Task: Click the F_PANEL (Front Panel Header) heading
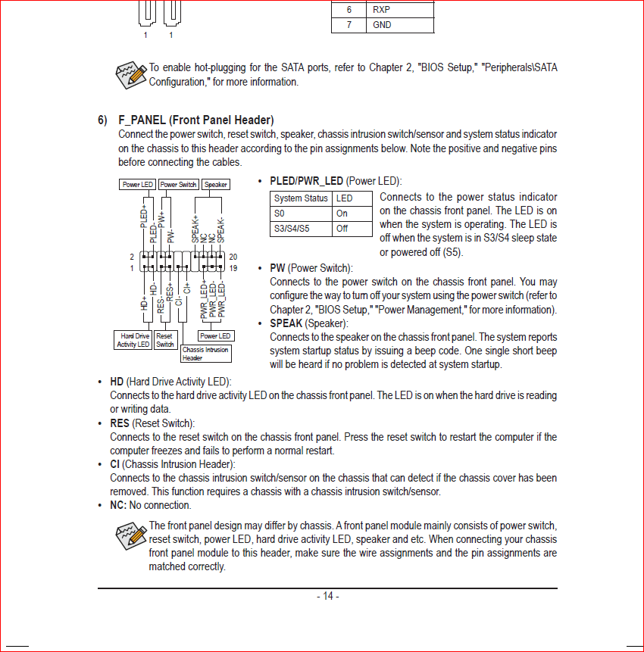[x=195, y=120]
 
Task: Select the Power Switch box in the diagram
[x=178, y=184]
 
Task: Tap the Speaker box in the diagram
[x=215, y=184]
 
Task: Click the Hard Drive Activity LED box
[x=133, y=340]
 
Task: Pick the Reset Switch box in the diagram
[x=164, y=340]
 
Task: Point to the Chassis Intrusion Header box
[x=205, y=354]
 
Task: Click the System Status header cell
[x=301, y=198]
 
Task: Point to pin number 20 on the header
[x=233, y=257]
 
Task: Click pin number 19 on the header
[x=233, y=268]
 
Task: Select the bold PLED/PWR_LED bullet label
[x=306, y=181]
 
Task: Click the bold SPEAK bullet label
[x=286, y=323]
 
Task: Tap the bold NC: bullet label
[x=118, y=505]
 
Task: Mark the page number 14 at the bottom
[x=327, y=596]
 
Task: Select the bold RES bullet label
[x=119, y=423]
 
